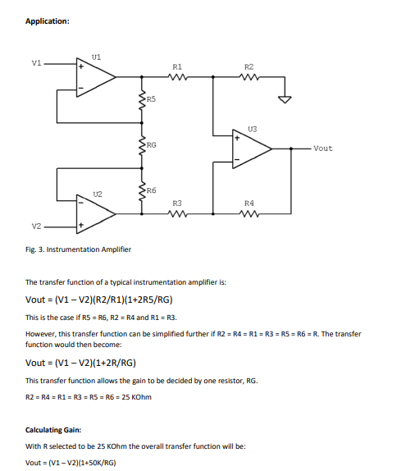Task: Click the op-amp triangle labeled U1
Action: [x=94, y=76]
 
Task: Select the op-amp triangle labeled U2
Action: [x=94, y=212]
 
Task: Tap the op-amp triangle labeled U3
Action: [x=250, y=149]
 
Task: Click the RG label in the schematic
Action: [x=152, y=144]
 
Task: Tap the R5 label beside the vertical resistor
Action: [x=152, y=98]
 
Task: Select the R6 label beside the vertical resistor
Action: [x=152, y=190]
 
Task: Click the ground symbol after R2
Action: [x=285, y=100]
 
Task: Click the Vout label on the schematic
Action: [x=323, y=149]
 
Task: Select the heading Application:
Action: [x=48, y=21]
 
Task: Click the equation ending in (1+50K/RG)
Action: [x=71, y=463]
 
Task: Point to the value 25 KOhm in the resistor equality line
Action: [x=134, y=398]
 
